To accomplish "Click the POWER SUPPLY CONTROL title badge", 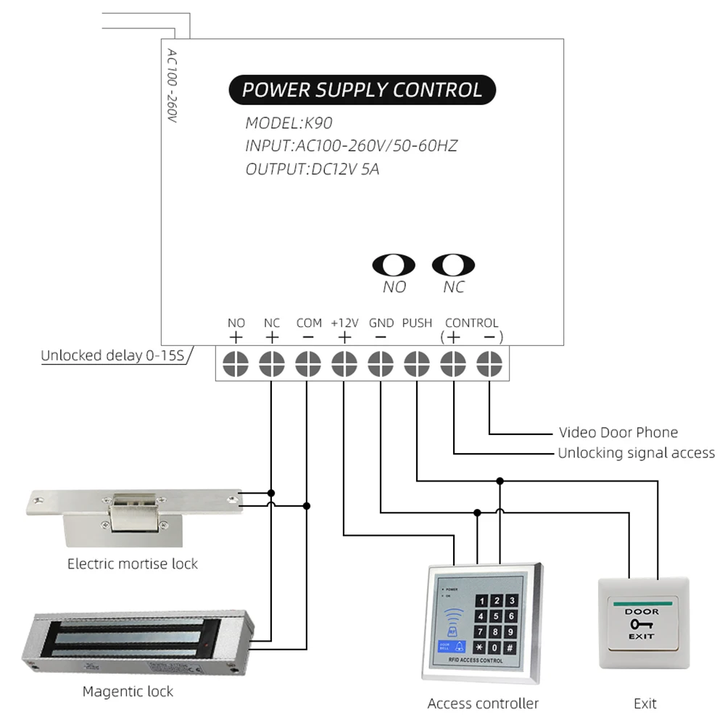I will click(x=362, y=90).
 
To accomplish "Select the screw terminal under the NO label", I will click(x=236, y=362).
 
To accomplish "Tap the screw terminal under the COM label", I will click(x=308, y=362).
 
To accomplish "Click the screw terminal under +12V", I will click(x=344, y=362).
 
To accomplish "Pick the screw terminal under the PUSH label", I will click(x=416, y=362).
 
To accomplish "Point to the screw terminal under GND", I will click(x=381, y=362).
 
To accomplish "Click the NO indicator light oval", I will click(x=394, y=265).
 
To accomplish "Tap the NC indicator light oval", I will click(x=453, y=265).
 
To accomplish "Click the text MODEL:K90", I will click(x=288, y=123).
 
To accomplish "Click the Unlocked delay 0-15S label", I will click(x=112, y=356).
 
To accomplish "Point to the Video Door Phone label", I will click(x=618, y=433).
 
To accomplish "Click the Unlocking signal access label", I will click(x=636, y=453).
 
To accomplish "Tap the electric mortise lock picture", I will click(x=133, y=515).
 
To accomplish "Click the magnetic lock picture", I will click(x=137, y=642).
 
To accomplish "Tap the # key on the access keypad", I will click(x=510, y=647).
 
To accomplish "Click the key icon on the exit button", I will click(x=642, y=624).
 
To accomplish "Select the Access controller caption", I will click(x=483, y=703).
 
